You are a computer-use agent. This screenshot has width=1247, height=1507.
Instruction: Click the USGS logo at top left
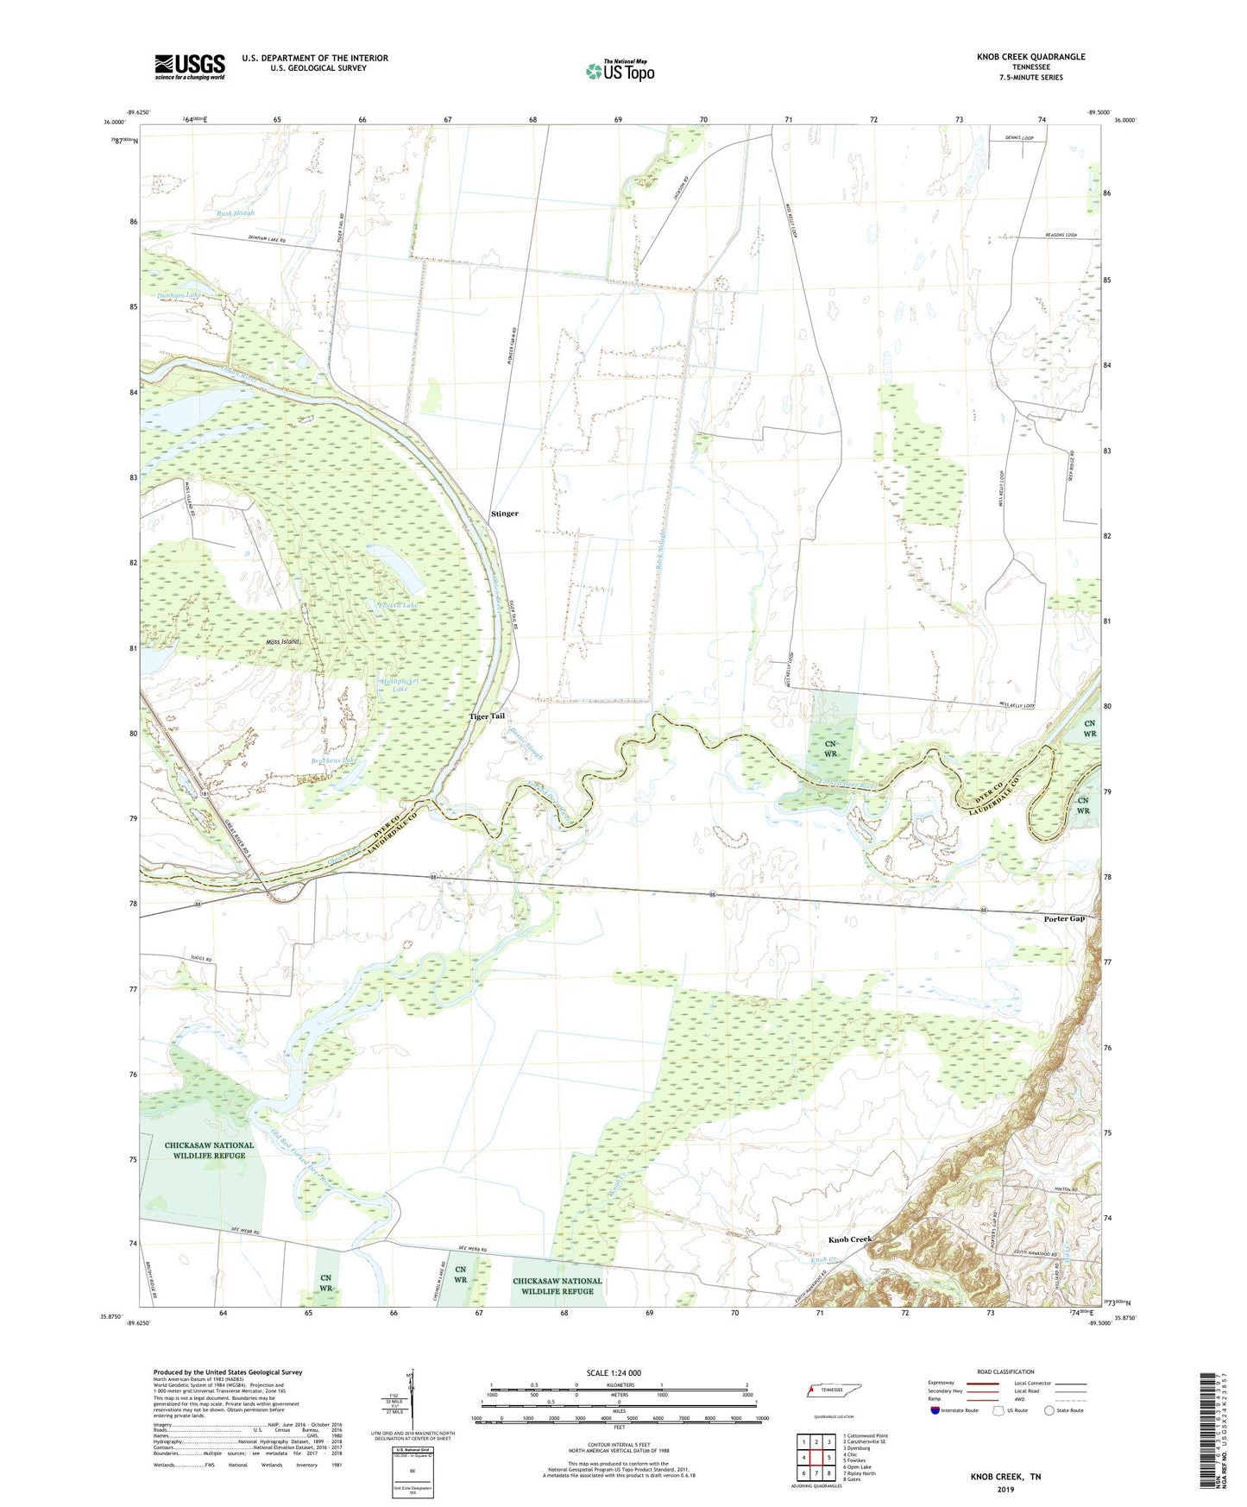click(x=189, y=66)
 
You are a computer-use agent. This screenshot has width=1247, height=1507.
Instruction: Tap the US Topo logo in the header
click(x=620, y=71)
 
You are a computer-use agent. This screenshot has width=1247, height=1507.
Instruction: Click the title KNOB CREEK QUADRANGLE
click(x=1018, y=57)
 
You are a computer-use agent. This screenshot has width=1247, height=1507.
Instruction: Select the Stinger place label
click(x=505, y=514)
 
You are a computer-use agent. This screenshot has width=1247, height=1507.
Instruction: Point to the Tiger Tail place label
click(x=487, y=716)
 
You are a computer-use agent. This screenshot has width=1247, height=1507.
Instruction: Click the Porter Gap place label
click(x=1064, y=919)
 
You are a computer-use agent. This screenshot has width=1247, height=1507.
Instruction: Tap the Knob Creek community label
click(x=850, y=1239)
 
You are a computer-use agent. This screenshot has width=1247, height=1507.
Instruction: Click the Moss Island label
click(x=283, y=642)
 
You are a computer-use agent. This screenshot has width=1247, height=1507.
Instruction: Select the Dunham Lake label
click(x=179, y=295)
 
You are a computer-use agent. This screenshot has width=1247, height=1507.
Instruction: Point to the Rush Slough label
click(x=236, y=212)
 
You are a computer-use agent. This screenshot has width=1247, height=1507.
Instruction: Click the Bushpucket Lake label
click(x=400, y=684)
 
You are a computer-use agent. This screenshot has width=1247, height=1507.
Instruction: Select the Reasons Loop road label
click(x=1061, y=235)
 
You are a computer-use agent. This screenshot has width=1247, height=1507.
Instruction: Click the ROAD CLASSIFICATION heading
click(x=1005, y=1371)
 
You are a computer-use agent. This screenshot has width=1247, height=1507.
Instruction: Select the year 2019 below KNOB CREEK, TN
click(x=1005, y=1489)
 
